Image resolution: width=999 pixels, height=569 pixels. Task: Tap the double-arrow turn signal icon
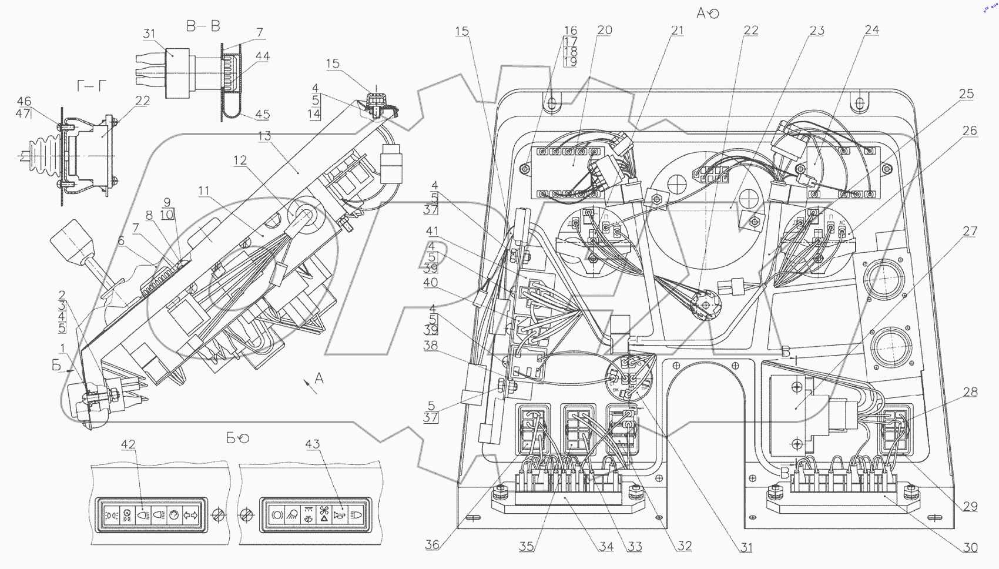click(190, 516)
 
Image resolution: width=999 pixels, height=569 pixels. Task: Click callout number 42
click(128, 444)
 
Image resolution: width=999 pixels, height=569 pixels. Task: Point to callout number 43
click(313, 444)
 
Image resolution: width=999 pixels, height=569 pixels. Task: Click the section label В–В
click(203, 26)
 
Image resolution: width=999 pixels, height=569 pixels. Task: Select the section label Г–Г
click(92, 86)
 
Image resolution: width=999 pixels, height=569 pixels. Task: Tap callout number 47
click(24, 113)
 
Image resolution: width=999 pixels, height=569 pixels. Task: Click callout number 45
click(262, 115)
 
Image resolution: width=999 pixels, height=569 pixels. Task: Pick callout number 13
click(264, 136)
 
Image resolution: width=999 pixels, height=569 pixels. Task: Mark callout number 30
click(970, 547)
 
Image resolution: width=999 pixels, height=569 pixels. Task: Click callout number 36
click(432, 545)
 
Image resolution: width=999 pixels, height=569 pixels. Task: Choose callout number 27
click(970, 231)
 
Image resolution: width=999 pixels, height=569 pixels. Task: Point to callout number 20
click(605, 30)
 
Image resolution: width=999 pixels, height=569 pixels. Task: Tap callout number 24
click(872, 29)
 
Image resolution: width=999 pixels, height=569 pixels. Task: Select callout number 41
click(433, 231)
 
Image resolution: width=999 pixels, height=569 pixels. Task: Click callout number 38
click(431, 345)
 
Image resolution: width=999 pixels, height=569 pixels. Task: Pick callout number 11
click(203, 190)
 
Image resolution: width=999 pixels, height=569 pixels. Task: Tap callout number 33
click(635, 547)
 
